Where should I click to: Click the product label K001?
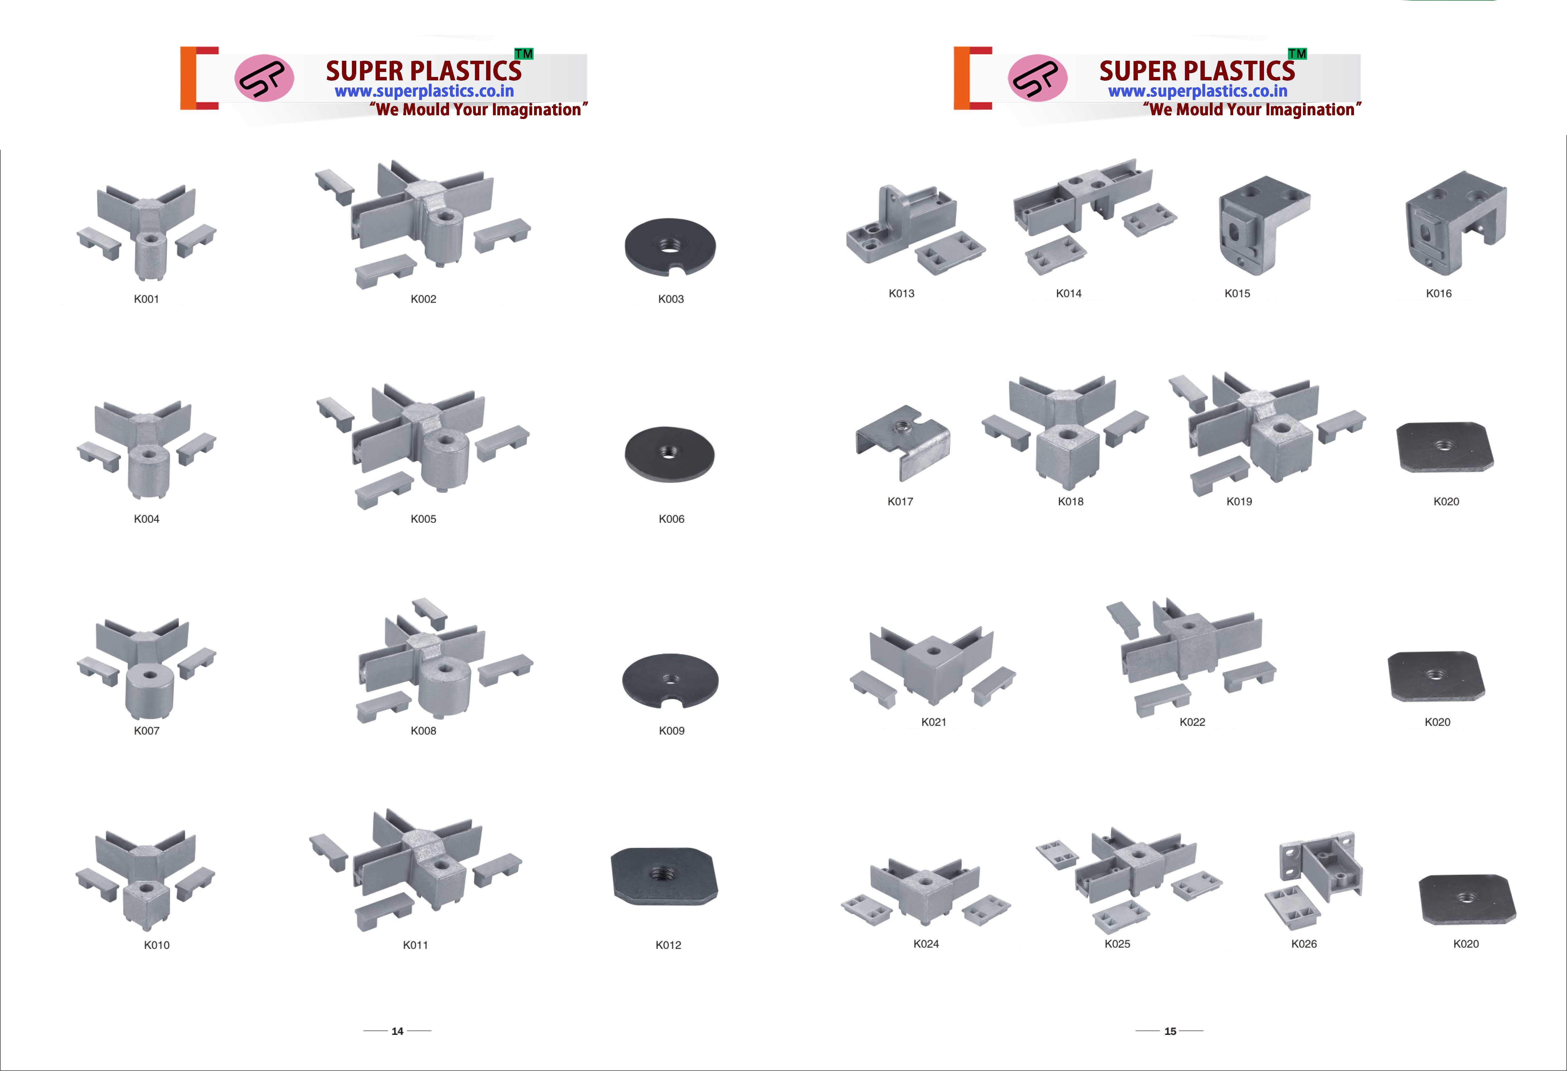(x=146, y=299)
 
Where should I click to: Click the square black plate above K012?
(x=664, y=875)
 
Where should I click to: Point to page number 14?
(x=397, y=1031)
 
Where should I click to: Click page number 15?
(x=1170, y=1031)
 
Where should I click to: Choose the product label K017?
(x=900, y=501)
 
